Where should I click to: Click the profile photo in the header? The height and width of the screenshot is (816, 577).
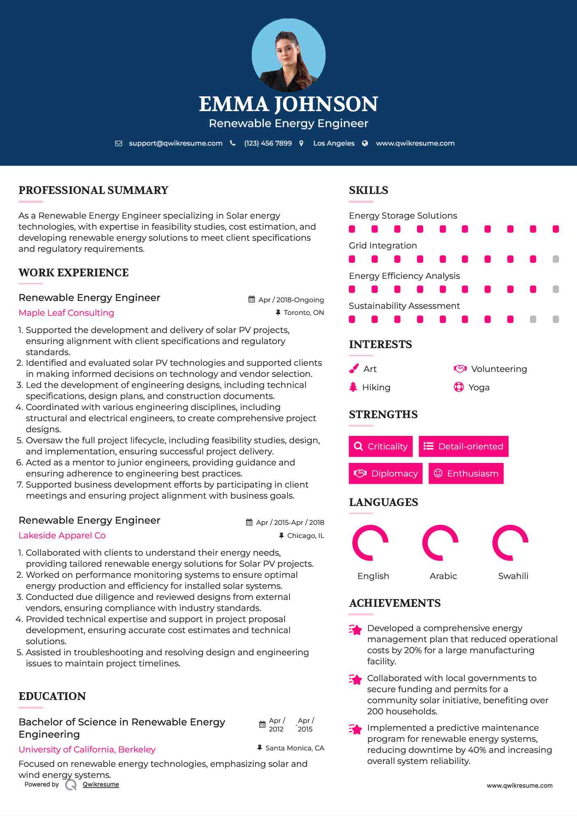(x=288, y=55)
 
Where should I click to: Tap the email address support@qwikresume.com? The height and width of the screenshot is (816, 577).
(x=176, y=144)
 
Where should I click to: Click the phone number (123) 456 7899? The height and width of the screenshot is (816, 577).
(x=268, y=144)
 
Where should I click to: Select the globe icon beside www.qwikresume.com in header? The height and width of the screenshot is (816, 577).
(x=365, y=144)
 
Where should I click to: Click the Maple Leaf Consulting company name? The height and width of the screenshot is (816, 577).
(x=66, y=313)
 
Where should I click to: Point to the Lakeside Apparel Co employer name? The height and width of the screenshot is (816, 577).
(x=62, y=536)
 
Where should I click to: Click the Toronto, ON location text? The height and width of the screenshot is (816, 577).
(x=303, y=313)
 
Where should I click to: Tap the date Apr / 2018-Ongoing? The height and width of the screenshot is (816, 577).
(x=291, y=300)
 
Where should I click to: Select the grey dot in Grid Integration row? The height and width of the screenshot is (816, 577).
(x=556, y=259)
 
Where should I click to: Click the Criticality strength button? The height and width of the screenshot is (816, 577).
(x=381, y=446)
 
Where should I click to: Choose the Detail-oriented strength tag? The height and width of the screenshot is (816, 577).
(x=463, y=446)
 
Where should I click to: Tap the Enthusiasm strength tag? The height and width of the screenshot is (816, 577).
(x=466, y=473)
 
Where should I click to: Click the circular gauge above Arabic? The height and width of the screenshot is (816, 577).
(x=440, y=542)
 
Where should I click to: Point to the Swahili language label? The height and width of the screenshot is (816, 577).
(x=513, y=576)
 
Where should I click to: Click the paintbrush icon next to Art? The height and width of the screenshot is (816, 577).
(x=353, y=369)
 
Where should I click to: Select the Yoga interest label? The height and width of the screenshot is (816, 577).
(x=479, y=387)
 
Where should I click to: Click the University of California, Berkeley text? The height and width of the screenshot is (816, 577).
(x=87, y=750)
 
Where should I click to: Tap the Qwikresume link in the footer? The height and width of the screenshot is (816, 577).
(x=101, y=784)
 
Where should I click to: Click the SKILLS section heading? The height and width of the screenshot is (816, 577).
(x=368, y=190)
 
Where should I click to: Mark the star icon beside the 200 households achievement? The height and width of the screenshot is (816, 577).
(x=356, y=679)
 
